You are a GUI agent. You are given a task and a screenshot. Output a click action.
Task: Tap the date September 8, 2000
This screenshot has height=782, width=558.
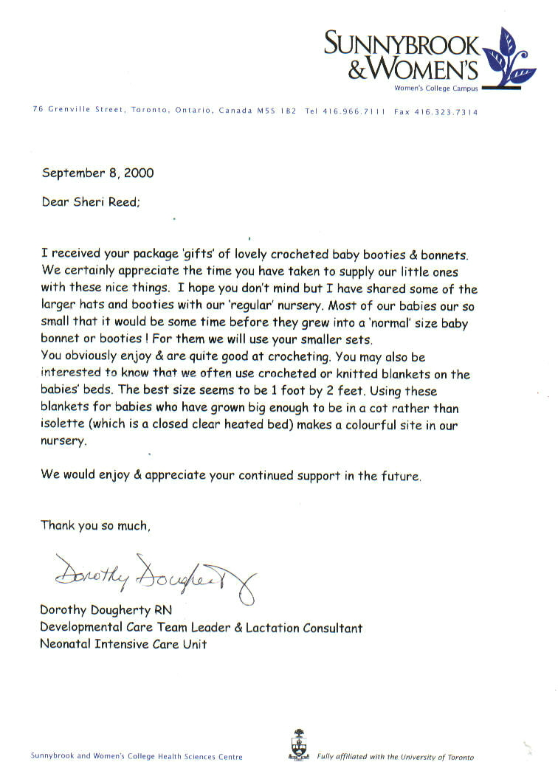(97, 173)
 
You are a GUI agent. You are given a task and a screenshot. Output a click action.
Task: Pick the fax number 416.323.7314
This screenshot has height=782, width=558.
(446, 112)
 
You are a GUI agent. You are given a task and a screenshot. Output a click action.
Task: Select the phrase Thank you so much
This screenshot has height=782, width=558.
(96, 526)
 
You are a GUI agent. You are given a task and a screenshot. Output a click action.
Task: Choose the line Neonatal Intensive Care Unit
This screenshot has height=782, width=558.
(123, 644)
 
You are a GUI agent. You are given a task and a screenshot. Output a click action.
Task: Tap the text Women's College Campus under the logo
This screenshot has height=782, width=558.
(436, 89)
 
